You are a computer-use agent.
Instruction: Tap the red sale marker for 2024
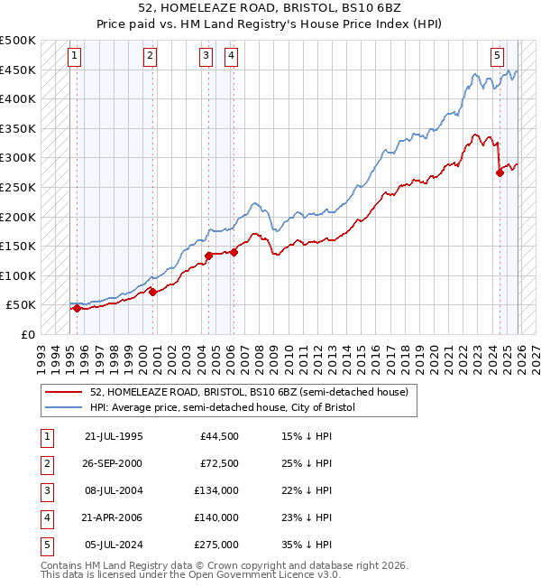(x=500, y=173)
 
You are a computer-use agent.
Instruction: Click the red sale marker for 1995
(x=77, y=308)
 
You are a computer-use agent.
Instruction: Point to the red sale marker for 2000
(x=152, y=292)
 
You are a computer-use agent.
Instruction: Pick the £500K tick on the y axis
(x=18, y=41)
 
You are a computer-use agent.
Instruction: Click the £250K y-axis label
(x=18, y=187)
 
